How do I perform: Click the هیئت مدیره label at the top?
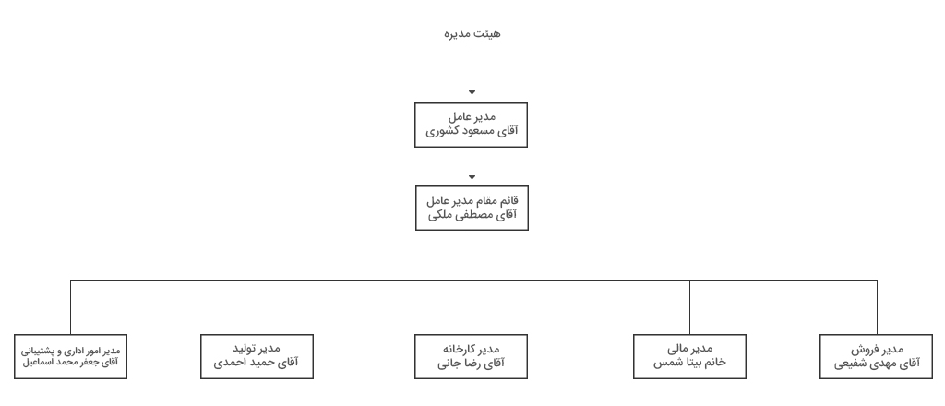coord(472,34)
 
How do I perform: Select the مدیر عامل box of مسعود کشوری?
coord(471,125)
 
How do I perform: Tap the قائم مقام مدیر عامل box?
coord(472,208)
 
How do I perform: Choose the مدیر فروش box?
coord(876,356)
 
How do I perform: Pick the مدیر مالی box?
coord(689,356)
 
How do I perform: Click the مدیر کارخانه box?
coord(471,356)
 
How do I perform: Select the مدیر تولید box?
coord(257,356)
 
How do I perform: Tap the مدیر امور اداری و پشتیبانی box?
coord(70,356)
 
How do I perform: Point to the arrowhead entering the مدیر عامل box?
coord(472,93)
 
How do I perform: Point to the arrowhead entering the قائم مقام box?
coord(472,178)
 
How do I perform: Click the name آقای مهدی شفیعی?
coord(877,364)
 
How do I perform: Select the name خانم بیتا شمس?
coord(689,363)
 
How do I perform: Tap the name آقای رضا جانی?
coord(471,364)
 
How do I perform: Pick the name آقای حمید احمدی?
coord(257,364)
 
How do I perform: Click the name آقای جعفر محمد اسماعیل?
coord(70,363)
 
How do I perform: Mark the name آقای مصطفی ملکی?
coord(472,215)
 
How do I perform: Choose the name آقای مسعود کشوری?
coord(472,131)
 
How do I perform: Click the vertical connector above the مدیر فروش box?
coord(877,307)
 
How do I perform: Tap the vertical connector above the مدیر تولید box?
coord(257,307)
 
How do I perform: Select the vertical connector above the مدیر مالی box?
coord(689,307)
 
